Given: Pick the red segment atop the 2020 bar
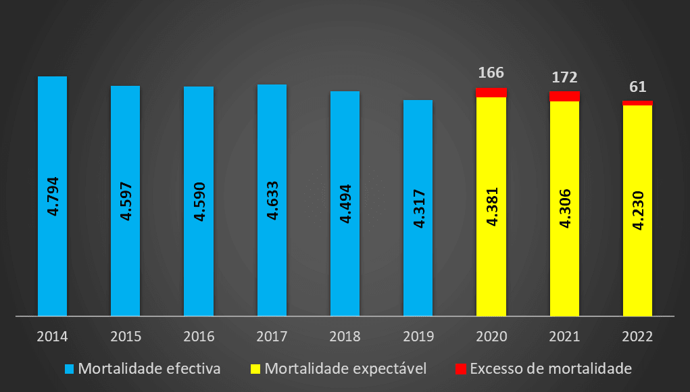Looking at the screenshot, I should pyautogui.click(x=491, y=93).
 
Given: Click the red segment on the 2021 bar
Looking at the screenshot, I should pyautogui.click(x=564, y=96).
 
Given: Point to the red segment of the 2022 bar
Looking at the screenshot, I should pyautogui.click(x=637, y=103).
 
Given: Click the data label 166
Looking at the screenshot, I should pyautogui.click(x=491, y=72).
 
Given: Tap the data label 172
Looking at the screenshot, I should pyautogui.click(x=564, y=77).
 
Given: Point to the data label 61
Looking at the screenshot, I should pyautogui.click(x=637, y=87).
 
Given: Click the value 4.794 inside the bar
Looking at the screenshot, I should pyautogui.click(x=53, y=196).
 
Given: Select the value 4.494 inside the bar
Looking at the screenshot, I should pyautogui.click(x=345, y=201).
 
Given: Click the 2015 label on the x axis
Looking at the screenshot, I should pyautogui.click(x=125, y=335).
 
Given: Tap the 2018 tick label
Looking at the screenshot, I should pyautogui.click(x=345, y=335).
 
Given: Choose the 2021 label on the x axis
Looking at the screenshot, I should pyautogui.click(x=564, y=335).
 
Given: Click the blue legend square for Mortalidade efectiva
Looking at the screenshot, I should pyautogui.click(x=69, y=369).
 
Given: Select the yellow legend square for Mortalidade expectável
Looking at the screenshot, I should pyautogui.click(x=256, y=369).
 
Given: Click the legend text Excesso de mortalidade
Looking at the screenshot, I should pyautogui.click(x=550, y=369).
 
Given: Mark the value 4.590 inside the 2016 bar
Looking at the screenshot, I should pyautogui.click(x=199, y=201).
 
